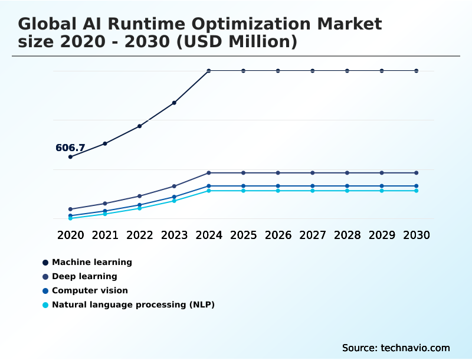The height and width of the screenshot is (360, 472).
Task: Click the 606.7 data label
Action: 70,148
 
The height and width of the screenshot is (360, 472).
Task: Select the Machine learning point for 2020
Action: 70,157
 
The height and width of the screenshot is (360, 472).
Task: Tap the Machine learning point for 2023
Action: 174,103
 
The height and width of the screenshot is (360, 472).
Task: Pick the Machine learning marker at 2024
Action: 209,71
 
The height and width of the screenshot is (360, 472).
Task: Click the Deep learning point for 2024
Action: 209,173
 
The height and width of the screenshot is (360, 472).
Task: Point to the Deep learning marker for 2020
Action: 70,209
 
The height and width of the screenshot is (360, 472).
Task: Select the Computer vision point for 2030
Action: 417,186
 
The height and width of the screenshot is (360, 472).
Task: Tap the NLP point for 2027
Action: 313,191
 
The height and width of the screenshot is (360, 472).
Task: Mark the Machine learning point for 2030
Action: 417,71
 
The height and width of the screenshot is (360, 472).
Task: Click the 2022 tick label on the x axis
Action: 140,235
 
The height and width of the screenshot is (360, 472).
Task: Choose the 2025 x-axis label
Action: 243,235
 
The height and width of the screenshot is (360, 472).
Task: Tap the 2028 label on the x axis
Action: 347,235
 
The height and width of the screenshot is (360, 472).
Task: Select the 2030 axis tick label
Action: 417,235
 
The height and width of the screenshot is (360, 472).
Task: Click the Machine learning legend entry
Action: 92,262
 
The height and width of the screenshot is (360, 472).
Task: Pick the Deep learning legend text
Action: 84,276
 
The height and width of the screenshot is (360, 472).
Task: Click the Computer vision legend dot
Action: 45,290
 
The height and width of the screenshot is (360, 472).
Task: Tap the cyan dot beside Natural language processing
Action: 45,305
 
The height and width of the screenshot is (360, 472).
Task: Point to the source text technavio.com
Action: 415,348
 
